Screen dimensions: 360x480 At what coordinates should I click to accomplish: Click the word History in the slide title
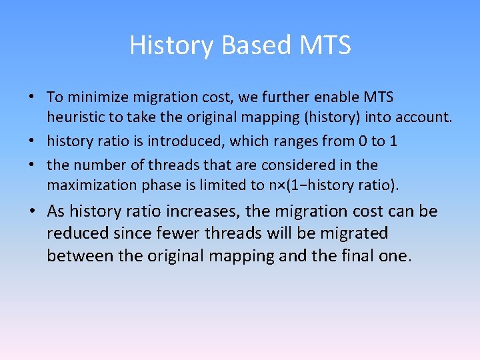[x=171, y=45]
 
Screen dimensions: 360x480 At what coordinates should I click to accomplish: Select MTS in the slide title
[x=325, y=45]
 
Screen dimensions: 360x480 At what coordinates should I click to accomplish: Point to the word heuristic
[x=74, y=117]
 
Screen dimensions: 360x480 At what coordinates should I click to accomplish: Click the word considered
[x=303, y=165]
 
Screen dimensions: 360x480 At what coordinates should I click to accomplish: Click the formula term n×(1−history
[x=319, y=185]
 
